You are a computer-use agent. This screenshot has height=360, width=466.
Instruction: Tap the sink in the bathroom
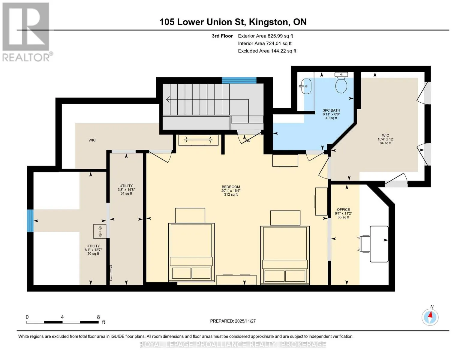[x=305, y=86]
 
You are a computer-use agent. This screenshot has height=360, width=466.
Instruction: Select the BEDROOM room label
[x=231, y=187]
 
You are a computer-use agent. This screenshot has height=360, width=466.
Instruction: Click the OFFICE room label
[x=343, y=209]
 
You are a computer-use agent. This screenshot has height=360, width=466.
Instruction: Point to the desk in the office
[x=379, y=244]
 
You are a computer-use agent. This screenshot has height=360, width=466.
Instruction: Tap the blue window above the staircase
[x=239, y=80]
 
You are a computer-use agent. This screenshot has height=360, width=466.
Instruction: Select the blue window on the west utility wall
[x=30, y=220]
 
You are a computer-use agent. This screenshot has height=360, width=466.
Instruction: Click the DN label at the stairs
[x=248, y=141]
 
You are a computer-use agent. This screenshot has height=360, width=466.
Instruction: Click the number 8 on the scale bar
[x=98, y=317]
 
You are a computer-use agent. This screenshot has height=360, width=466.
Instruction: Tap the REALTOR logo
[x=27, y=32]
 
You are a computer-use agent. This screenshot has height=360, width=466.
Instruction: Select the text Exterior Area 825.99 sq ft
[x=266, y=36]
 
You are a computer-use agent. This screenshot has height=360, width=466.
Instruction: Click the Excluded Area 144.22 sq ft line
[x=267, y=51]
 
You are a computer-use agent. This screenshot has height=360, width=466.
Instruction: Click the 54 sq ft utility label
[x=126, y=193]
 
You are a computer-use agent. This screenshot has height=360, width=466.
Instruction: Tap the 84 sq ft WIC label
[x=385, y=143]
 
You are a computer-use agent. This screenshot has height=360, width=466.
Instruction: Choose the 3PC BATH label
[x=331, y=110]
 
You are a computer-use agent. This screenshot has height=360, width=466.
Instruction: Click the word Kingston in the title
[x=268, y=22]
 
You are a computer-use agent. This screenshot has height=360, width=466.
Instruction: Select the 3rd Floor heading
[x=222, y=36]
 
